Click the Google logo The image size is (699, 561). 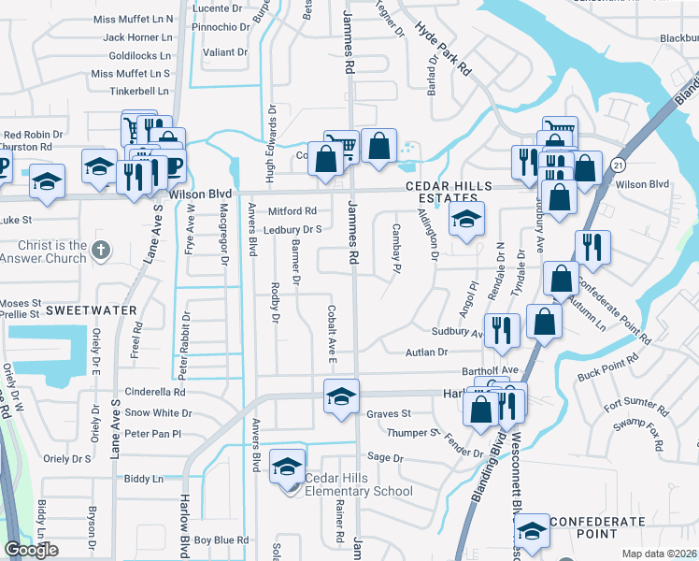[x=31, y=550]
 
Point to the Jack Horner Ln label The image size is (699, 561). [x=138, y=37]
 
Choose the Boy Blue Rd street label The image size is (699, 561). [x=217, y=539]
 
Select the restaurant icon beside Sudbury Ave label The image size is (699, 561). [x=502, y=330]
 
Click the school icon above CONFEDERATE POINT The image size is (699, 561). [x=532, y=530]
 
